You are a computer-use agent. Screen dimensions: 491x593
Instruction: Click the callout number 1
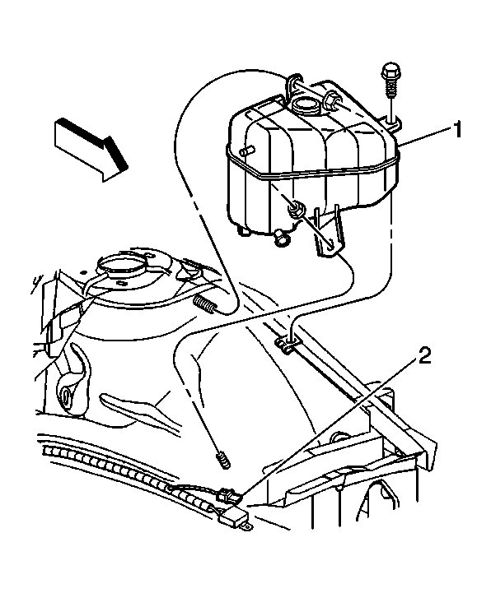(x=457, y=130)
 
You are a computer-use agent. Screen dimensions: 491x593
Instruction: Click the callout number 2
(x=424, y=355)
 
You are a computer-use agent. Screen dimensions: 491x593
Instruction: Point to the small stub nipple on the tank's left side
(x=246, y=151)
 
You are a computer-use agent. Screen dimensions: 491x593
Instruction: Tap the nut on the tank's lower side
(x=295, y=210)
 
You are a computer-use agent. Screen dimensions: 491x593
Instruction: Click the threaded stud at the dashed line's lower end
(x=222, y=461)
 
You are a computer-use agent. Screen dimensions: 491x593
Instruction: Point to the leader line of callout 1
(x=425, y=137)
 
